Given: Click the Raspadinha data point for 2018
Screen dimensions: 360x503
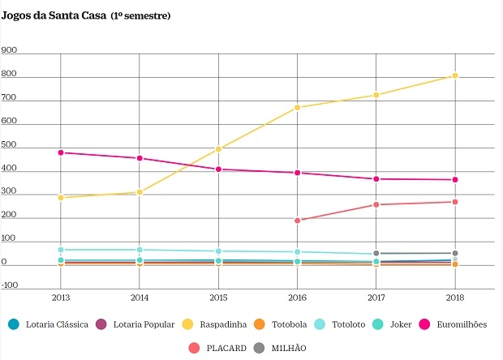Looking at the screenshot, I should click(x=455, y=76).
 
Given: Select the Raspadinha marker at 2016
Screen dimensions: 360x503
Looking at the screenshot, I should click(x=297, y=108).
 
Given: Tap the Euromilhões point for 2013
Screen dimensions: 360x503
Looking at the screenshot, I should click(x=60, y=152).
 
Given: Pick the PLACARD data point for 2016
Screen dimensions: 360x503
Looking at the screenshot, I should click(x=297, y=221).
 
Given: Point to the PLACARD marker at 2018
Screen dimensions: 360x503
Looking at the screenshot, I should click(x=455, y=202).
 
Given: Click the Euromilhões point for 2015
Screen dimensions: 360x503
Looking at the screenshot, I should click(x=218, y=169).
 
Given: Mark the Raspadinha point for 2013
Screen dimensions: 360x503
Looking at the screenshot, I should click(x=60, y=197).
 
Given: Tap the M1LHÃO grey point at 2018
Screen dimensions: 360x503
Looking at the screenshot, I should click(x=455, y=253).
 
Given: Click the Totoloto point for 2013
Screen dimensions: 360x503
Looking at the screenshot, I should click(x=60, y=250).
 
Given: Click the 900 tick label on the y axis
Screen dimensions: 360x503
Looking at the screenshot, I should click(x=11, y=49).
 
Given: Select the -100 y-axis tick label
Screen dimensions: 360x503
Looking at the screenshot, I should click(x=11, y=285).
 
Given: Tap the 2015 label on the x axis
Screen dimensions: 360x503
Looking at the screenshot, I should click(x=218, y=298).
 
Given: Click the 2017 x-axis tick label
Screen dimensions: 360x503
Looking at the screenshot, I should click(x=376, y=298).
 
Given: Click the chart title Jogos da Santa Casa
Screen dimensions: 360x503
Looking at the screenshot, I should click(x=54, y=15).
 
